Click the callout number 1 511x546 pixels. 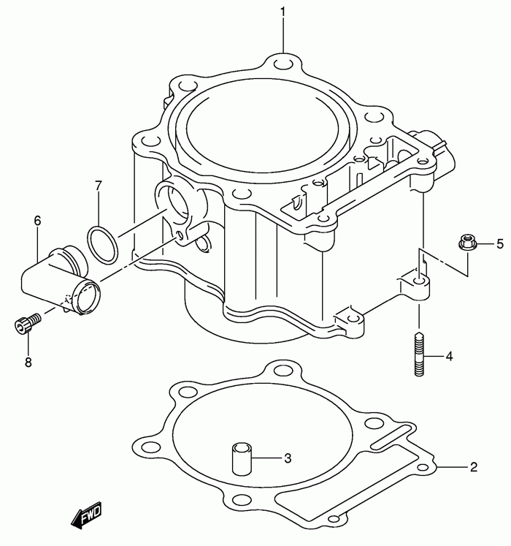tap(283, 12)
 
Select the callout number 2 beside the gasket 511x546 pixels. tap(474, 466)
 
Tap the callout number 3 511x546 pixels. tap(288, 458)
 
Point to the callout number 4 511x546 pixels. tap(449, 356)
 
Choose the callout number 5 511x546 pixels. tap(499, 243)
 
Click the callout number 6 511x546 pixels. tap(37, 221)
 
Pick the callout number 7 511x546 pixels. tap(99, 186)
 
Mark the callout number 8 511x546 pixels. tap(28, 362)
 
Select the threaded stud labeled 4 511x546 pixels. tap(419, 354)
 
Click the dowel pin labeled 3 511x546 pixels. tap(242, 458)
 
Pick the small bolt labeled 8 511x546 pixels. tap(28, 322)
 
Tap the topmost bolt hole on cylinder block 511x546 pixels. tap(283, 65)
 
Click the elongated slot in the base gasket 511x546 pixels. tap(391, 436)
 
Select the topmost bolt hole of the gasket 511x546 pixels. tap(283, 371)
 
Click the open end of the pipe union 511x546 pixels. tap(87, 295)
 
